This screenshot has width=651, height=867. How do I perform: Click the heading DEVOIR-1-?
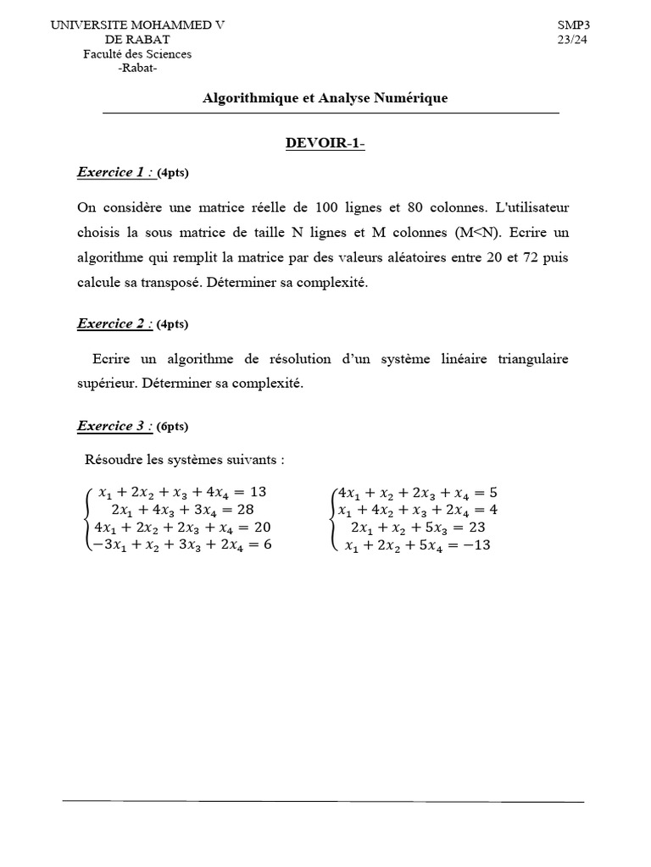click(x=325, y=143)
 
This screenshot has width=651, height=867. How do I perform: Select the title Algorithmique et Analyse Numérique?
click(x=325, y=98)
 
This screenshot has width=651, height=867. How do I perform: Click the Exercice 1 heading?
click(x=114, y=172)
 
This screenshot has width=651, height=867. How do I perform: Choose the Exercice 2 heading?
click(x=114, y=323)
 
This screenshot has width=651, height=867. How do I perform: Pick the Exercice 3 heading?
click(x=114, y=426)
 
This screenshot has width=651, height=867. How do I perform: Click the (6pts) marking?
click(x=173, y=427)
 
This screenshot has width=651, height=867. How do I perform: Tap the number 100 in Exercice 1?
click(x=328, y=207)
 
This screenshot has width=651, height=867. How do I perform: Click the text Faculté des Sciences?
click(x=137, y=54)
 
